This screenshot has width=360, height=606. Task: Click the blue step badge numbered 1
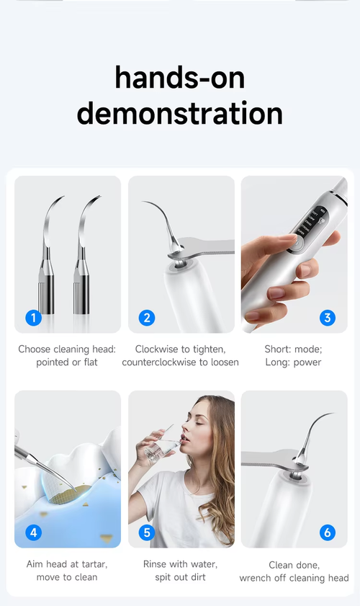[33, 317]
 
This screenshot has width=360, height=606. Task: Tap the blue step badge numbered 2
[147, 317]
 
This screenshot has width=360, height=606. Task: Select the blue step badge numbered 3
[328, 317]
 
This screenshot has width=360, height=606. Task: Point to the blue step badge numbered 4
[33, 533]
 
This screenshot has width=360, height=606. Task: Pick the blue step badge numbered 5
[147, 533]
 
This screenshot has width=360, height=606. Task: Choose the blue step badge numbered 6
[328, 533]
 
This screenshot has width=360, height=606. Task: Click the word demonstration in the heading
[179, 114]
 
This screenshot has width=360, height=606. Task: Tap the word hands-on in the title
[179, 77]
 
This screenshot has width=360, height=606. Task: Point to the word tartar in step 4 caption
[91, 564]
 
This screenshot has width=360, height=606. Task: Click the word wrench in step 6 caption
[257, 578]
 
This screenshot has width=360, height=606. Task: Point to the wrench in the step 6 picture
[270, 461]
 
